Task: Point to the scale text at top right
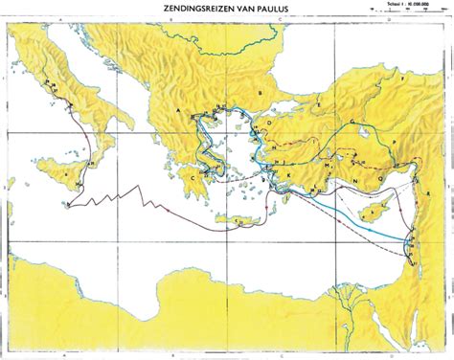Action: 413,16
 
